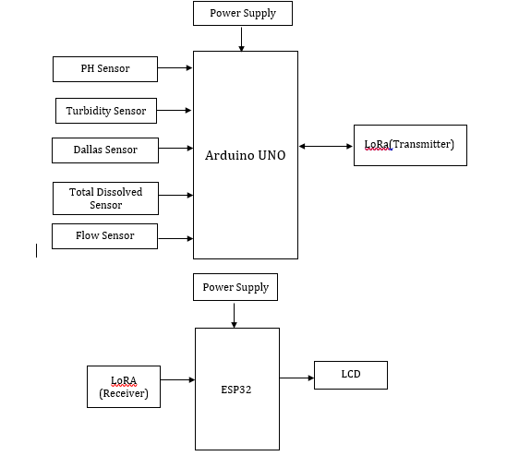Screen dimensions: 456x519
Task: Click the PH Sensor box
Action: (x=104, y=68)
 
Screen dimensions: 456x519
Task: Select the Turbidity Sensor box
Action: (x=106, y=111)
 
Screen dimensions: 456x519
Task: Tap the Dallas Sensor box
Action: (x=105, y=149)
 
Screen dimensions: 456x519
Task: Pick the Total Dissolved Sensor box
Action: (x=104, y=198)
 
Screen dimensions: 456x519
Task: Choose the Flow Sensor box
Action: (x=104, y=236)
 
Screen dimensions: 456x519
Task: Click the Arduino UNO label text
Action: (x=245, y=155)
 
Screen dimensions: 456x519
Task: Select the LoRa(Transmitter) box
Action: (x=409, y=145)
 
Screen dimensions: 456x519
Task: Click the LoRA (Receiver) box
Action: (x=123, y=386)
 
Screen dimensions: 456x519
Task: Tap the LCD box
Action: (x=350, y=374)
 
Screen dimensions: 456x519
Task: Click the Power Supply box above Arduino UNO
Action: (x=241, y=14)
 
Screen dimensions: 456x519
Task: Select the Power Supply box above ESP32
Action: (x=235, y=287)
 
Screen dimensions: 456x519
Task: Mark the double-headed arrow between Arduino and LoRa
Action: (x=325, y=146)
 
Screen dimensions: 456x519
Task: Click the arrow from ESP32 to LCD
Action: (x=296, y=378)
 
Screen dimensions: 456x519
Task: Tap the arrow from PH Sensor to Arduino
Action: (x=175, y=67)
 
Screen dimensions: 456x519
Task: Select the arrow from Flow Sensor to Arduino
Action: (x=175, y=239)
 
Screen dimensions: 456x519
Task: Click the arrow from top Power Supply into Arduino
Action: (x=241, y=38)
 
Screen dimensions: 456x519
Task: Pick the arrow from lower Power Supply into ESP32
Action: (x=235, y=314)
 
